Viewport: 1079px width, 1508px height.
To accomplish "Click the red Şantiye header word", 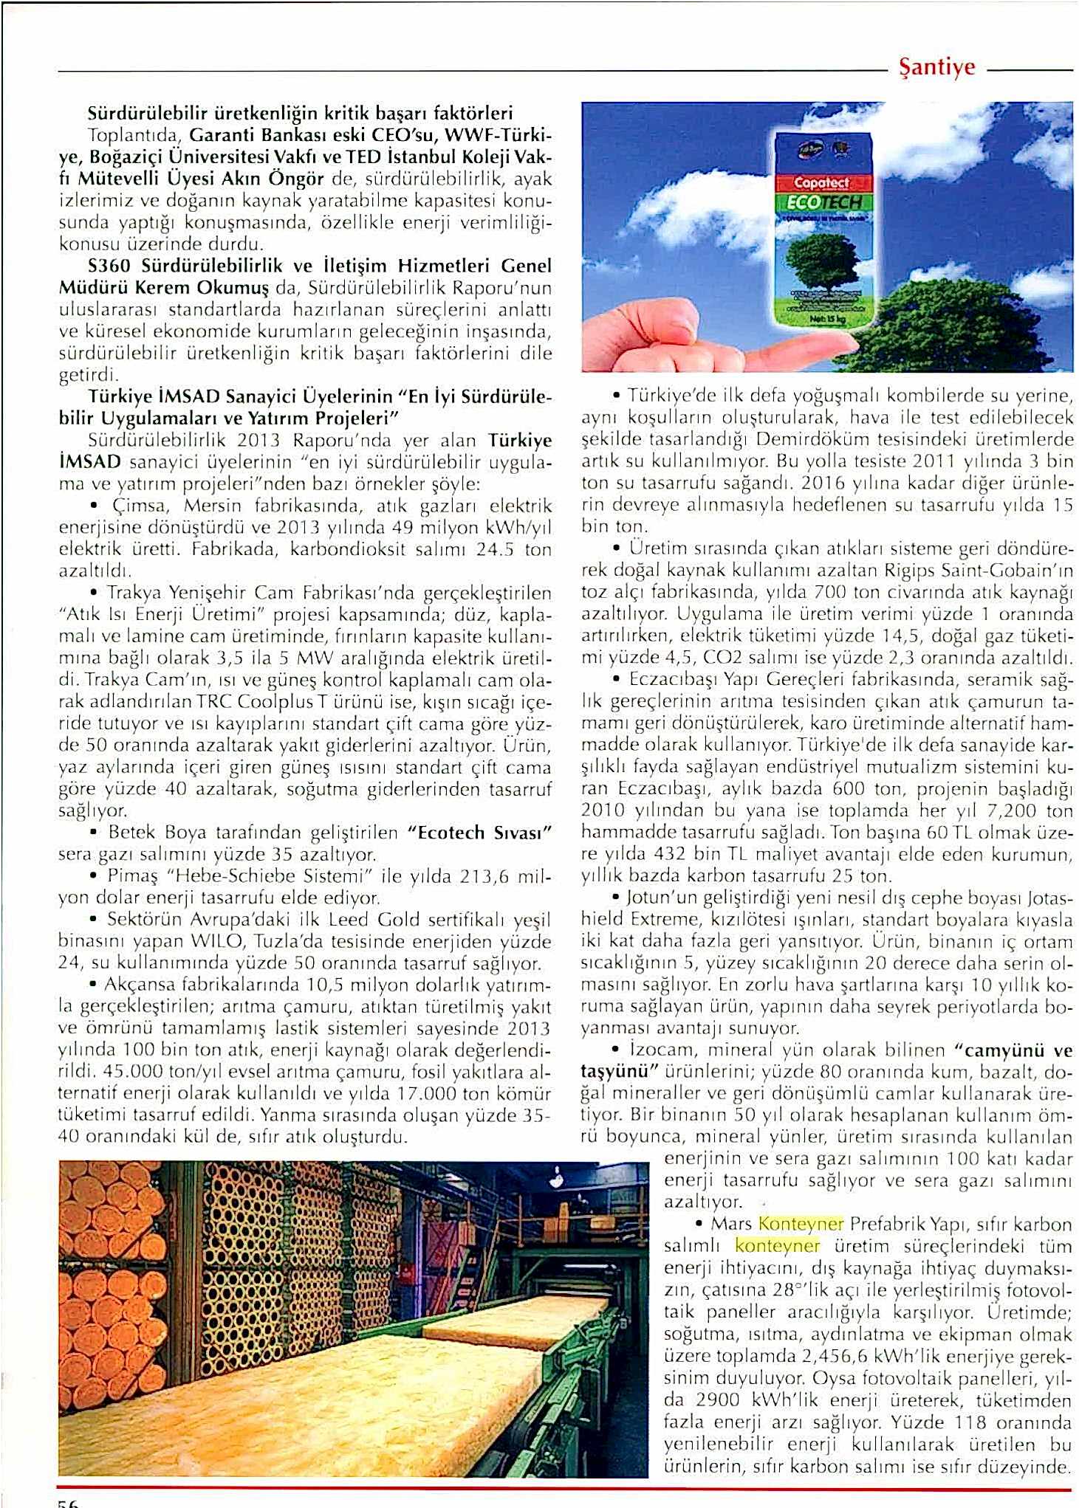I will pos(936,68).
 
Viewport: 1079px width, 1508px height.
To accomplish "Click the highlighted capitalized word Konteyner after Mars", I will pos(801,1224).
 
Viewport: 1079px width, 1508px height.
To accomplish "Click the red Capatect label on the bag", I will pos(822,182).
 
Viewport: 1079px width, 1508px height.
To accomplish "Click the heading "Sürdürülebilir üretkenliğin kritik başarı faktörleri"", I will pos(300,114).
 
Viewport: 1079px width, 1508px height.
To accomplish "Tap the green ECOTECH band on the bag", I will pos(822,202).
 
